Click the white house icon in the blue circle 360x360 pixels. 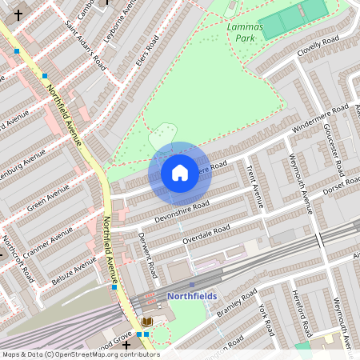(x=180, y=173)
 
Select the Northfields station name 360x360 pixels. (x=192, y=296)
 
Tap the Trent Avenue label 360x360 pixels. (x=255, y=185)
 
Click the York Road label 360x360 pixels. (x=266, y=318)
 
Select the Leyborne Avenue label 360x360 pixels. (x=119, y=26)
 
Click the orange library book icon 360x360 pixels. (x=147, y=321)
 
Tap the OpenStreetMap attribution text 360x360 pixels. (x=80, y=354)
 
